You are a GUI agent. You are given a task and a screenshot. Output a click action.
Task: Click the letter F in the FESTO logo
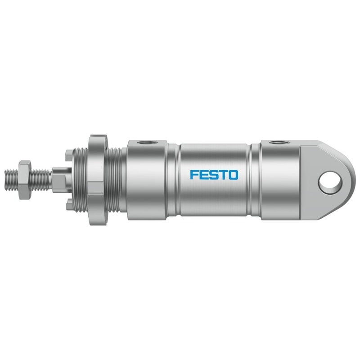pos(194,175)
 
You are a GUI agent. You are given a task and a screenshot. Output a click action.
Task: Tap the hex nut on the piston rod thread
pos(25,180)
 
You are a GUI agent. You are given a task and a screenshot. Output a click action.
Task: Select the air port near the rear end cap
pos(279,143)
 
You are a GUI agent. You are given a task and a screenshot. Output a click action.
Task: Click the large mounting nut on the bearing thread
pos(96,180)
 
